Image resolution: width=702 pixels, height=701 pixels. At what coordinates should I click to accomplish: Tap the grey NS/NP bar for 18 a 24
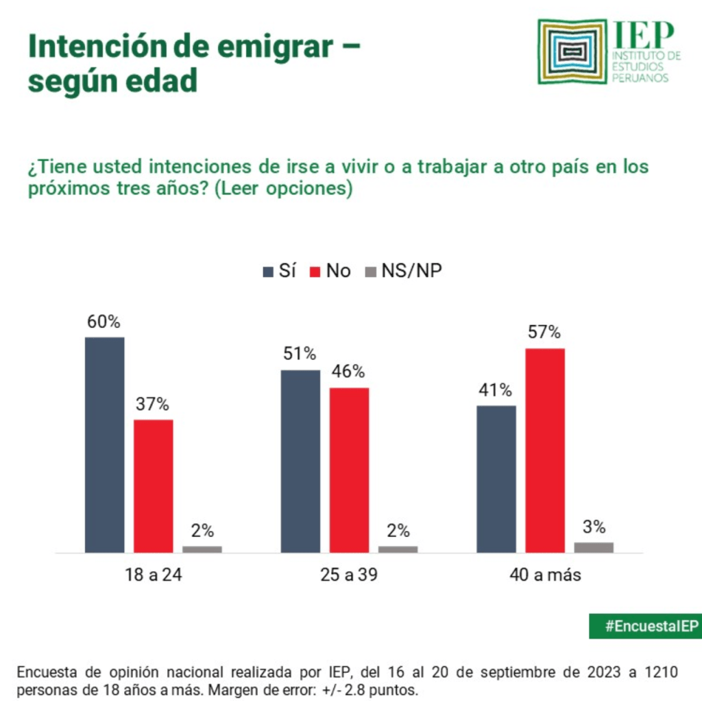click(202, 549)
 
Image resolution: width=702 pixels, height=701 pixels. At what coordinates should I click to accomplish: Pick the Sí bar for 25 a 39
click(300, 461)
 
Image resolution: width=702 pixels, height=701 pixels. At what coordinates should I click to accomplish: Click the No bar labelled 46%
click(349, 470)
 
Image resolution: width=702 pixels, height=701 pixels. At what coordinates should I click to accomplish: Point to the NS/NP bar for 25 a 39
click(398, 549)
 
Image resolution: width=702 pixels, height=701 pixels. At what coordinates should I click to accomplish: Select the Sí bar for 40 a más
click(496, 479)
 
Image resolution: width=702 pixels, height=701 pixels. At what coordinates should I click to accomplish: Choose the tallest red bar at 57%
click(545, 450)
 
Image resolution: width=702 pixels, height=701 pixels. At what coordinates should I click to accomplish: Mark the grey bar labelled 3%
click(594, 547)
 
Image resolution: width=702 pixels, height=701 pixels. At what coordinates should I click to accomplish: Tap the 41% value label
click(496, 391)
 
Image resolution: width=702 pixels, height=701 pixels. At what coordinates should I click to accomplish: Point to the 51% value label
click(300, 355)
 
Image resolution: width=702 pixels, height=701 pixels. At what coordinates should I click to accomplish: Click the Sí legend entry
click(279, 271)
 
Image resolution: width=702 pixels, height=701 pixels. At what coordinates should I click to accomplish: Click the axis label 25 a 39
click(349, 575)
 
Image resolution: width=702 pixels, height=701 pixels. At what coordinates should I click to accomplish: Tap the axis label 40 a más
click(545, 575)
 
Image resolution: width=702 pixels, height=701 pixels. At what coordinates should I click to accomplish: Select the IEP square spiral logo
click(573, 51)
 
